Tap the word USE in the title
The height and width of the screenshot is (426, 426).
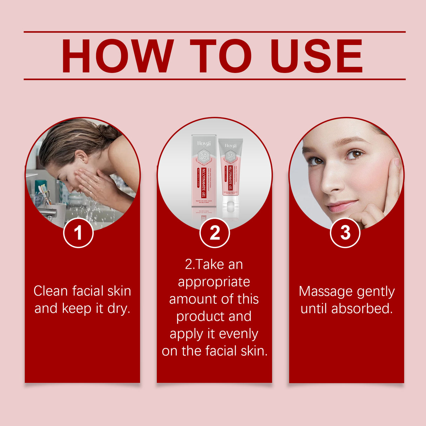(317, 56)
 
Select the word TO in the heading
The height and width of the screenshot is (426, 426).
(221, 56)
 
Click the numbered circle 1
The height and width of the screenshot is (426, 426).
(78, 233)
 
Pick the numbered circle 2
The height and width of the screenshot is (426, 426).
(214, 233)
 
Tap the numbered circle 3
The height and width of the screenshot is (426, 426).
(345, 233)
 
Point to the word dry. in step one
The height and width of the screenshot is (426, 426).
(119, 309)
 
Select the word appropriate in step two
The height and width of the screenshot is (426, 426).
(214, 282)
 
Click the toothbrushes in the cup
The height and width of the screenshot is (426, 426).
(44, 193)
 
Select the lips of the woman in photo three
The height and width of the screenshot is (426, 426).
(342, 206)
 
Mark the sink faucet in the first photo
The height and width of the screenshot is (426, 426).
(47, 213)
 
